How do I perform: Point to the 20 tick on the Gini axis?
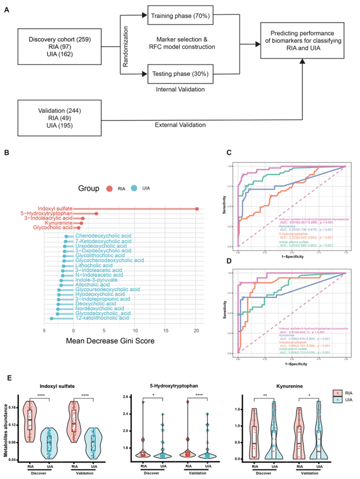coord(197,330)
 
